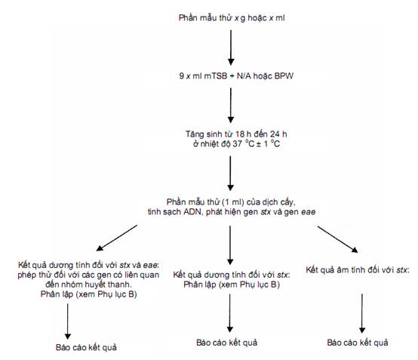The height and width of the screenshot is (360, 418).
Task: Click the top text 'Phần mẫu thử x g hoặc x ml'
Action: point(232,18)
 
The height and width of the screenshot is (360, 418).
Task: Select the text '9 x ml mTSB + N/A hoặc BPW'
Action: point(236,76)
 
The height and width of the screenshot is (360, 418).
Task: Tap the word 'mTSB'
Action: point(215,76)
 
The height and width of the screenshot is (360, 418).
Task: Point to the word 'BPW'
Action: point(284,76)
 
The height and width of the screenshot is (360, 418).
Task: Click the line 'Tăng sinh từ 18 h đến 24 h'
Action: point(236,134)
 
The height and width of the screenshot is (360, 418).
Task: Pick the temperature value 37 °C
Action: point(244,143)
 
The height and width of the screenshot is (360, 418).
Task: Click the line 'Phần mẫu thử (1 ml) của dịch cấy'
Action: point(231,202)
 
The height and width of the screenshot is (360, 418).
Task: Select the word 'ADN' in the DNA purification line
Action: point(192,212)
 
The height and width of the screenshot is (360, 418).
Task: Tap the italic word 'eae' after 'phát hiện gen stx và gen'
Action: point(308,212)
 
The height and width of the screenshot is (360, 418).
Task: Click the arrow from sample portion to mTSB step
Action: point(231,48)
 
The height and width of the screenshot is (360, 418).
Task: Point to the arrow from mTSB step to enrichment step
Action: point(231,106)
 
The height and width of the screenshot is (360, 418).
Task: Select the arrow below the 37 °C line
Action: point(231,174)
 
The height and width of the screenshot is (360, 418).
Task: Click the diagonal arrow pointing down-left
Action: point(116,238)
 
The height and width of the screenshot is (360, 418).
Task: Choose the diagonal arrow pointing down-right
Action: point(337,239)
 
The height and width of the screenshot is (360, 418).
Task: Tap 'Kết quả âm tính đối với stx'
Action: point(358,270)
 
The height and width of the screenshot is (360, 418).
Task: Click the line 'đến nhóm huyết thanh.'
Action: point(88,285)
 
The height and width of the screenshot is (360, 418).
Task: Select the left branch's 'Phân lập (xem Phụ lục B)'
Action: point(88,294)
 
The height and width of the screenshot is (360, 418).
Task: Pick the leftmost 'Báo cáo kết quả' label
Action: point(86,347)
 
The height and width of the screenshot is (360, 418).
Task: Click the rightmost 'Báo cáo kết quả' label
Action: point(358,343)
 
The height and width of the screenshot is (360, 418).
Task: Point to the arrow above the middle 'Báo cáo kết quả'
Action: point(230,313)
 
